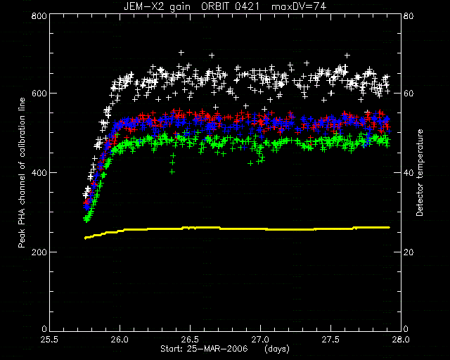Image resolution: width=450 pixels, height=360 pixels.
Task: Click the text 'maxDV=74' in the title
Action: (x=298, y=6)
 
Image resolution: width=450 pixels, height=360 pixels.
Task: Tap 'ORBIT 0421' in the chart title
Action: (x=230, y=6)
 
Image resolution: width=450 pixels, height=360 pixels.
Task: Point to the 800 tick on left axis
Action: (x=39, y=15)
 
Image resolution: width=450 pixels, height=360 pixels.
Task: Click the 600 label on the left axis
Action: (x=39, y=94)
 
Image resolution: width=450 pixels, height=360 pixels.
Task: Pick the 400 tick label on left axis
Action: (x=39, y=172)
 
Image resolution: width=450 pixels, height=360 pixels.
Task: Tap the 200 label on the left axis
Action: (x=39, y=252)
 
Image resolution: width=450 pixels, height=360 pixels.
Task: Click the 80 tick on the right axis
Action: (x=409, y=15)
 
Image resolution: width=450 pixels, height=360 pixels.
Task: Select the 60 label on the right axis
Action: (x=409, y=94)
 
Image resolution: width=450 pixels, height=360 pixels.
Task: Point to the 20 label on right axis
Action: (x=409, y=252)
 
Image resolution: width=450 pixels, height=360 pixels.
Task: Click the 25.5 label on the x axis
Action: (x=50, y=340)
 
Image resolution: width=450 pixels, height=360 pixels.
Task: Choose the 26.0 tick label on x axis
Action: (x=120, y=340)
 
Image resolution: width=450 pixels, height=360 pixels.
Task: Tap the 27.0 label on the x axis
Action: (x=260, y=340)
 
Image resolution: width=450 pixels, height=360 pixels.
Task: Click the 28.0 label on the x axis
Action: (x=401, y=340)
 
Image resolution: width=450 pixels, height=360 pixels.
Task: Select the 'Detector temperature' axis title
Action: (x=420, y=173)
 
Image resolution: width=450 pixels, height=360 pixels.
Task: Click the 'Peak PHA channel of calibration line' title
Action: (x=22, y=172)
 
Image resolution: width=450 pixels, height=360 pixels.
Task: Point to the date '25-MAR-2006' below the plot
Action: (x=217, y=349)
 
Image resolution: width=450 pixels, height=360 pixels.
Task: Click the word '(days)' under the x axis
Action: (x=277, y=349)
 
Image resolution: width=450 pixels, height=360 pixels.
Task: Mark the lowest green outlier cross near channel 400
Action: (x=172, y=172)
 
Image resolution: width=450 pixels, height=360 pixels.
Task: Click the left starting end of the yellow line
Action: (x=85, y=238)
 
